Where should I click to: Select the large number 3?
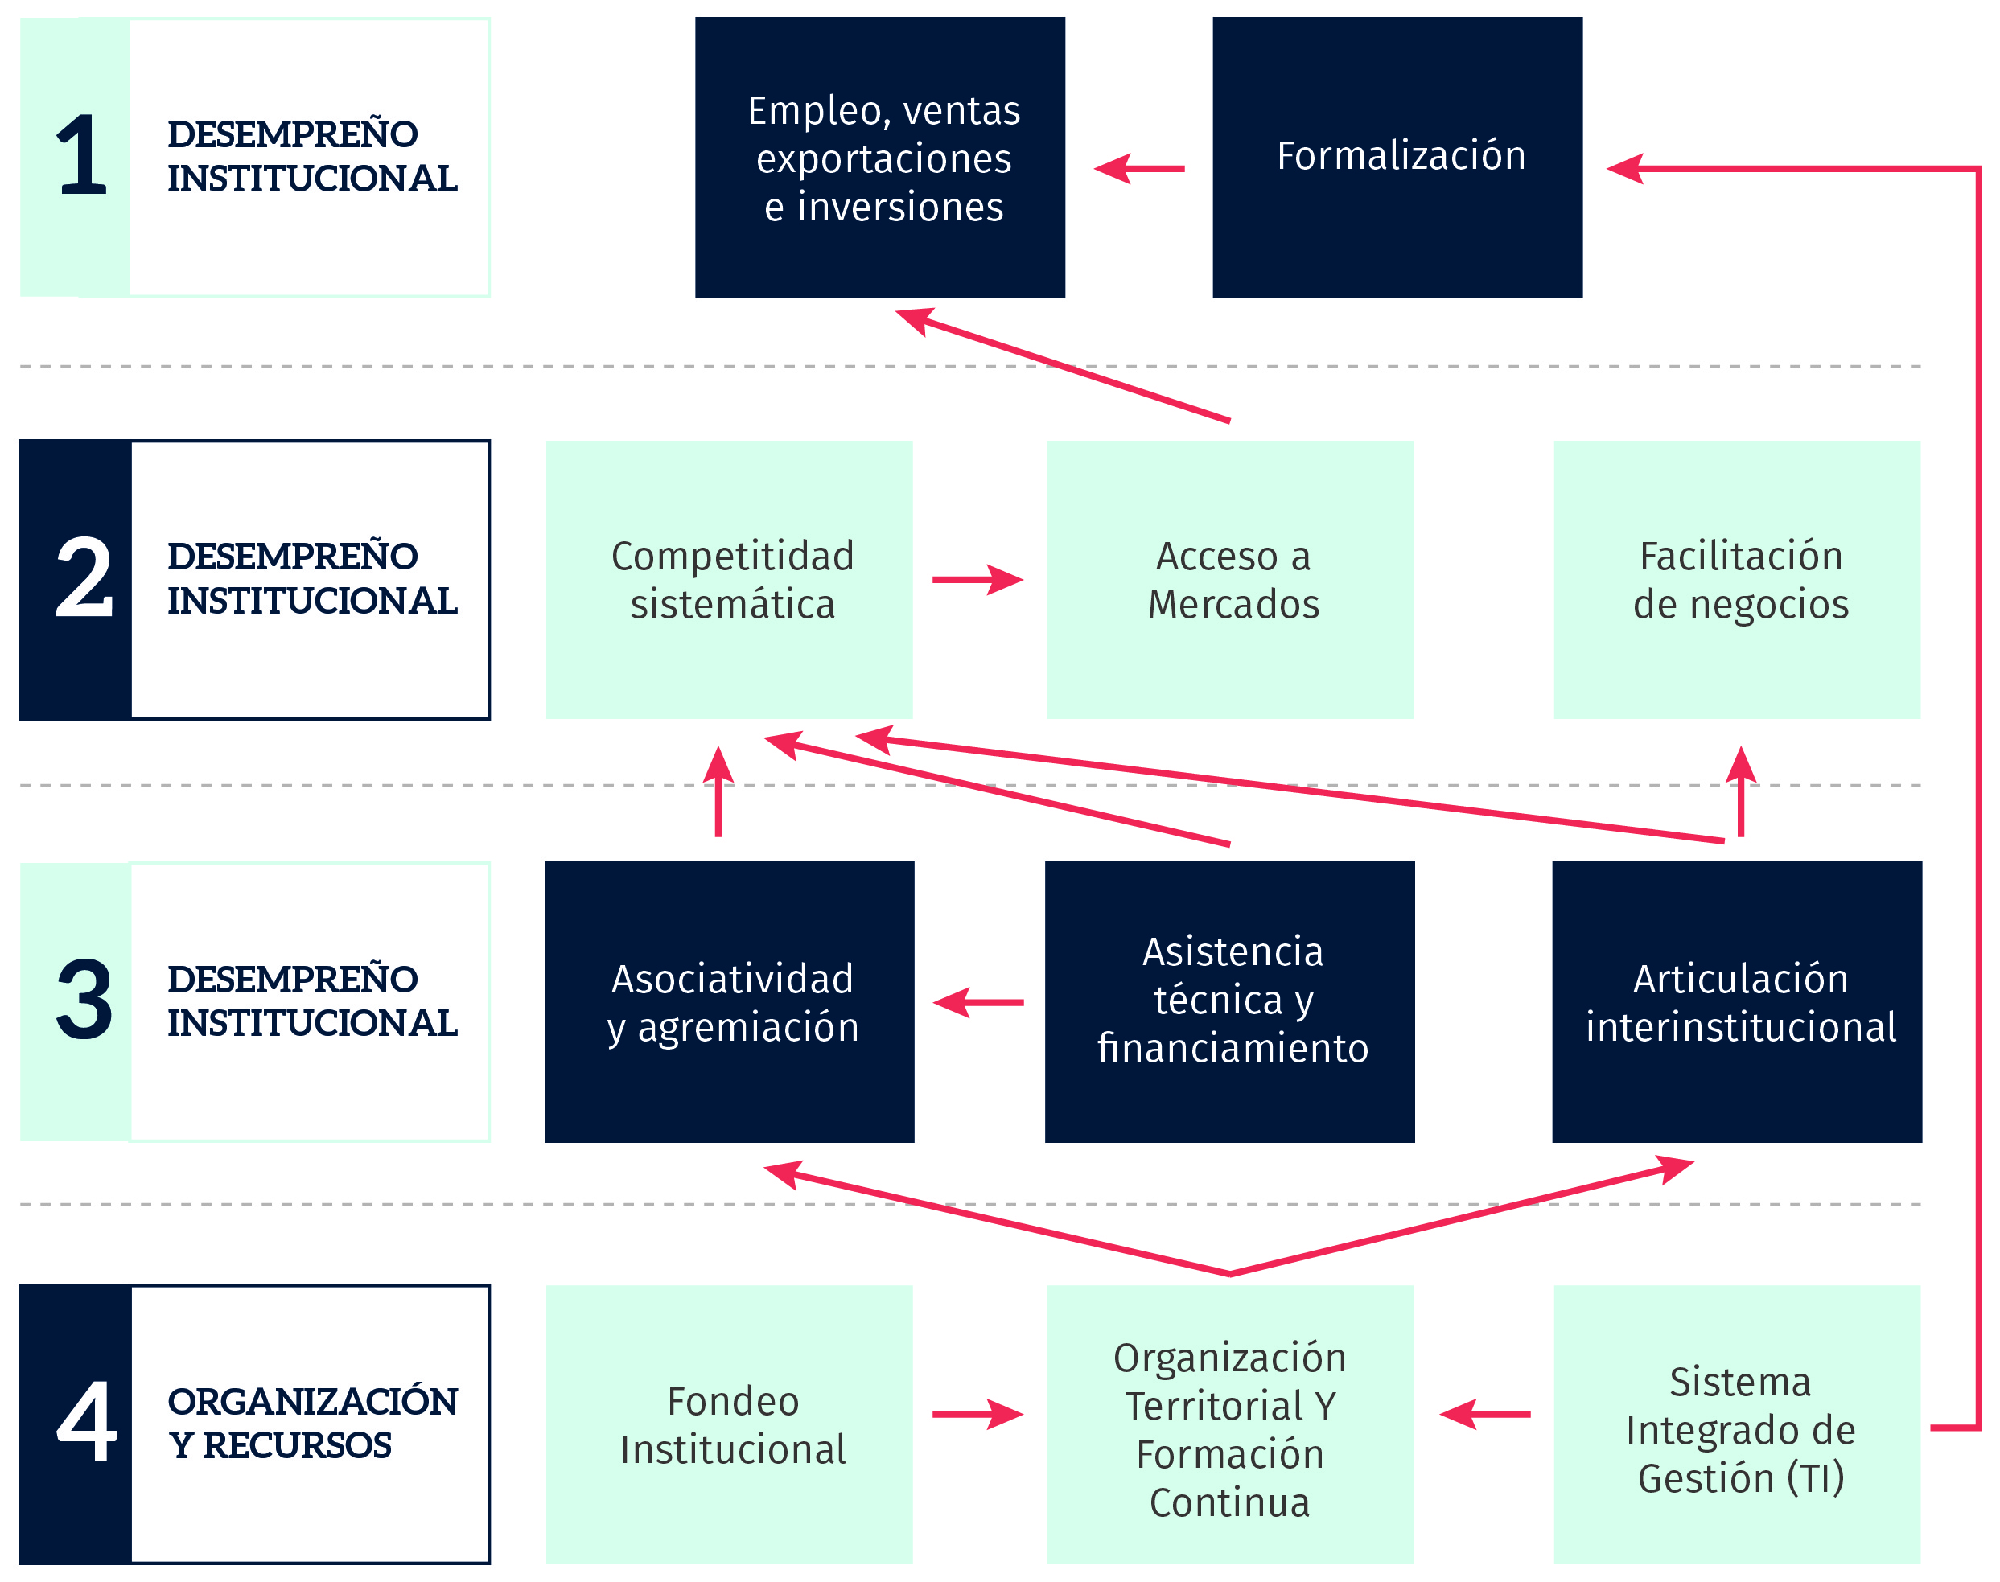click(x=84, y=1000)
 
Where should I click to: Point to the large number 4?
click(x=86, y=1421)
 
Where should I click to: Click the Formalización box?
click(x=1397, y=158)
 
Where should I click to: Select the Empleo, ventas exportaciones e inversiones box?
click(x=880, y=158)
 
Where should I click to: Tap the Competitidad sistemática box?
click(x=729, y=580)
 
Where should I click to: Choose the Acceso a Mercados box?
click(x=1230, y=580)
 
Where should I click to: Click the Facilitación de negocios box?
click(x=1737, y=580)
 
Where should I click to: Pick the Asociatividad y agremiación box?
click(x=729, y=1002)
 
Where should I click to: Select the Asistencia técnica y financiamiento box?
click(x=1230, y=1002)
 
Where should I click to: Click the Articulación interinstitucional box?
click(x=1737, y=1002)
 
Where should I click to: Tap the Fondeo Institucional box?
click(x=729, y=1424)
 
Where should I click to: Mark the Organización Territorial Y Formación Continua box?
click(x=1230, y=1424)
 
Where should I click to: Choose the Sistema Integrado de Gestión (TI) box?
click(x=1737, y=1424)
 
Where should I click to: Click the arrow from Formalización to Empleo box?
click(x=1139, y=169)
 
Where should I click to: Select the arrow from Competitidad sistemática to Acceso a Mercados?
click(x=978, y=580)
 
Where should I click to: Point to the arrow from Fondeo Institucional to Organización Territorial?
click(x=978, y=1415)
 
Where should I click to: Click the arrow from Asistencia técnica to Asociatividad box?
click(x=978, y=1002)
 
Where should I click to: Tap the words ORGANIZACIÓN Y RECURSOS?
click(x=312, y=1423)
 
